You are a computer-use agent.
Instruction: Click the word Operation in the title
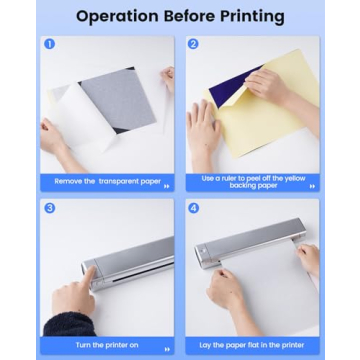[x=119, y=16]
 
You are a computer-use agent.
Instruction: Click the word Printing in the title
[x=246, y=16]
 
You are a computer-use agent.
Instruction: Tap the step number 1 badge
[x=48, y=44]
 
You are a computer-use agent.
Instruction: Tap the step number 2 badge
[x=193, y=44]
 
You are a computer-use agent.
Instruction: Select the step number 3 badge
[x=49, y=208]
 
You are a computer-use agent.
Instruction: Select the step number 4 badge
[x=193, y=208]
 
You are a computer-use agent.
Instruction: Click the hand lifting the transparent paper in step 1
[x=166, y=80]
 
